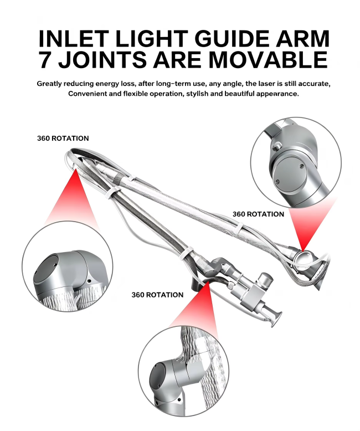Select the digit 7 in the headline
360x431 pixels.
tap(45, 59)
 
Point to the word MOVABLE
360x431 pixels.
tap(268, 59)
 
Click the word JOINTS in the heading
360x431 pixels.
tap(102, 59)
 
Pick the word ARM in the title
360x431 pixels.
tap(302, 38)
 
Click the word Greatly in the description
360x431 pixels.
tap(49, 84)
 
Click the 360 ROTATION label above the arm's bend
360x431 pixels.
tap(63, 138)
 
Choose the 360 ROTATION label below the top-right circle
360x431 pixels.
tap(258, 214)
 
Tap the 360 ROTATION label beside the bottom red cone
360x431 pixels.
tap(157, 295)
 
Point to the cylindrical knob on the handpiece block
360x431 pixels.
tap(266, 280)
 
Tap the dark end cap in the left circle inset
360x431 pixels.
tap(47, 268)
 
